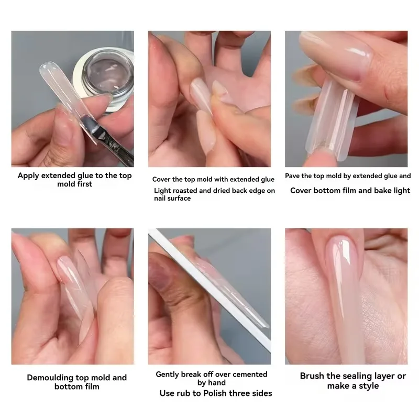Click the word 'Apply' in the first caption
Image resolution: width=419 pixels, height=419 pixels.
pos(29,175)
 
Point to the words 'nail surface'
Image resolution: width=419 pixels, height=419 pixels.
pos(172,199)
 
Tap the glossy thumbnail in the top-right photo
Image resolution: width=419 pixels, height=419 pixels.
pos(338,56)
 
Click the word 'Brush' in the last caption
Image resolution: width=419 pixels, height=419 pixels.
pos(313,376)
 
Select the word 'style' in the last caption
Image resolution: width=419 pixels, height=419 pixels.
pos(368,386)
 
